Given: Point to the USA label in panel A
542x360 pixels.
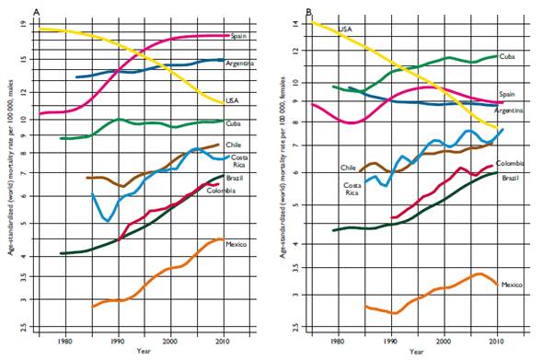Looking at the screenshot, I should pyautogui.click(x=235, y=100).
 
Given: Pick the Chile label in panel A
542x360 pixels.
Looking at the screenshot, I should pyautogui.click(x=235, y=145).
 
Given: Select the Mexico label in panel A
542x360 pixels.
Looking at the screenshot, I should pyautogui.click(x=237, y=244).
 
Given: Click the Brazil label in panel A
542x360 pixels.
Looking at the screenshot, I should pyautogui.click(x=236, y=177).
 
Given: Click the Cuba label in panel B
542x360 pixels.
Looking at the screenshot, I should pyautogui.click(x=507, y=56).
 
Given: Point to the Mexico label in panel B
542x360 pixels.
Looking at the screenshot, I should pyautogui.click(x=513, y=285).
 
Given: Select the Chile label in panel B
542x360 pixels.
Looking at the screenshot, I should pyautogui.click(x=348, y=168).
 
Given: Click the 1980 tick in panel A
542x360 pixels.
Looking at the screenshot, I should pyautogui.click(x=64, y=340).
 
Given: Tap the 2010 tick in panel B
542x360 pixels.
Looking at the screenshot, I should pyautogui.click(x=498, y=340).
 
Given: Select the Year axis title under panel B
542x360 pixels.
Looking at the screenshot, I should pyautogui.click(x=416, y=351).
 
